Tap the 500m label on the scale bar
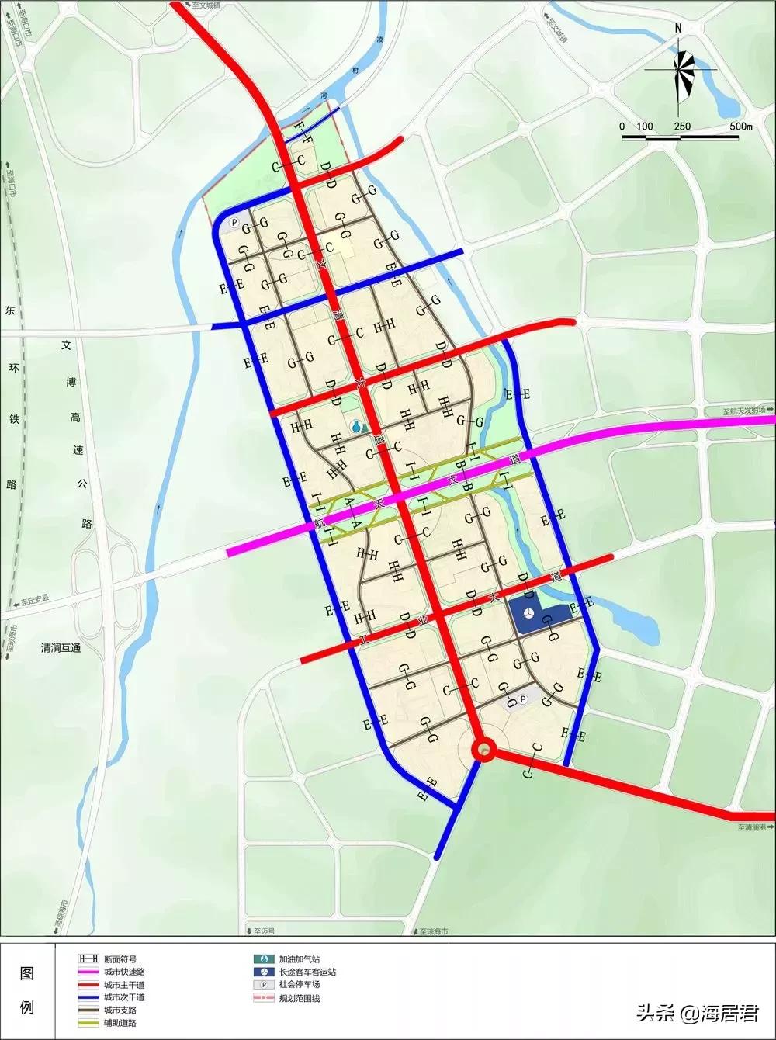[x=740, y=127]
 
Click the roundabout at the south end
[x=485, y=749]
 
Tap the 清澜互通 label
[x=61, y=648]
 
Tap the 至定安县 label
[x=35, y=600]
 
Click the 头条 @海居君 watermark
[x=697, y=1013]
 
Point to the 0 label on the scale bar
[x=622, y=127]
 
